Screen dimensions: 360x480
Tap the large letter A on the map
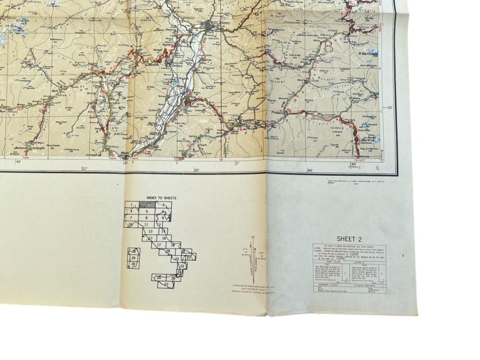point(31,54)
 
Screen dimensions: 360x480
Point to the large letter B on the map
point(328,46)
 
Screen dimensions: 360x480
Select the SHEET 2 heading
point(349,239)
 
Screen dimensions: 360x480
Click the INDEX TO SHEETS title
point(161,198)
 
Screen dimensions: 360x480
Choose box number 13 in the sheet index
point(150,231)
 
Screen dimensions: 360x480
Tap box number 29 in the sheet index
point(133,258)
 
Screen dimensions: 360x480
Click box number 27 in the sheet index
point(166,284)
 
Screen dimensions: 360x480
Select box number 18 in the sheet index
point(173,245)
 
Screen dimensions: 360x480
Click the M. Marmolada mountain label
point(368,54)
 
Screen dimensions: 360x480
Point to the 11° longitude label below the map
point(84,169)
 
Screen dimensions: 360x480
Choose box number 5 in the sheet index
point(147,211)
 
